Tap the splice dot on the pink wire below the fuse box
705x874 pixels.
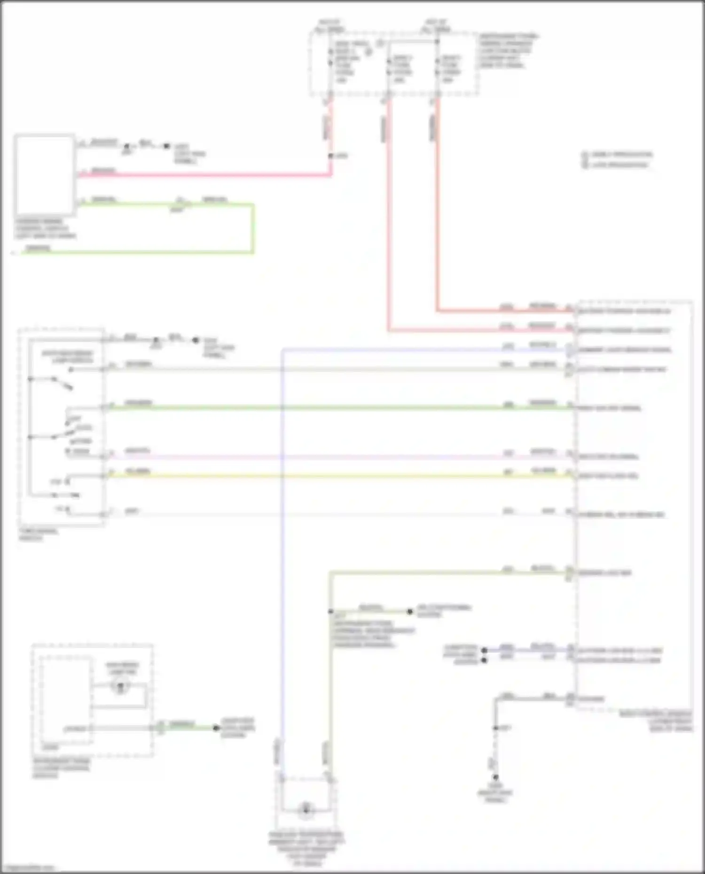pyautogui.click(x=330, y=156)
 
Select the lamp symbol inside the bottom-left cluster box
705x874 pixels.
pyautogui.click(x=120, y=687)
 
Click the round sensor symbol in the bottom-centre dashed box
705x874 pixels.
pyautogui.click(x=306, y=809)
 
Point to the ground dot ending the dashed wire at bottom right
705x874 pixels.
pyautogui.click(x=495, y=777)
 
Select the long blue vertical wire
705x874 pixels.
pyautogui.click(x=282, y=540)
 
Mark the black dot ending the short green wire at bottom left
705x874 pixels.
pyautogui.click(x=216, y=728)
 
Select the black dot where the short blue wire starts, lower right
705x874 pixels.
pyautogui.click(x=484, y=650)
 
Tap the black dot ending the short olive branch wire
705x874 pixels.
pyautogui.click(x=409, y=611)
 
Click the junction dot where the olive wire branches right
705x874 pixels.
pyautogui.click(x=330, y=611)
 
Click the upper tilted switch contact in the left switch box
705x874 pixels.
pyautogui.click(x=62, y=383)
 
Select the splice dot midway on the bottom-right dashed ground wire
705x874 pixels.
pyautogui.click(x=495, y=728)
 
